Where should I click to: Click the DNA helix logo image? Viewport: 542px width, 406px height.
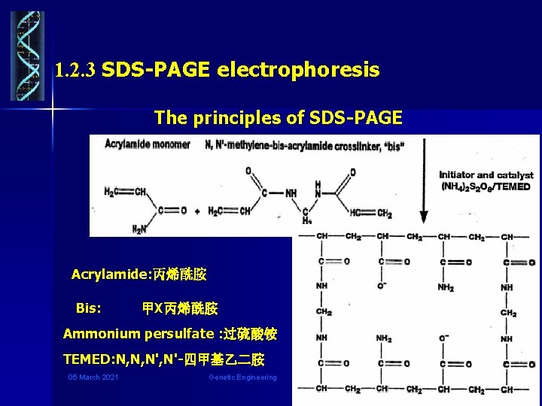[28, 56]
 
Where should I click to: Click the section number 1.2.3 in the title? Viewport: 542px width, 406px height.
[75, 72]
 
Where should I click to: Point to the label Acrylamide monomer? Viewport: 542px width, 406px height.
[148, 144]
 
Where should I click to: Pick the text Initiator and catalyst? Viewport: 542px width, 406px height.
[486, 175]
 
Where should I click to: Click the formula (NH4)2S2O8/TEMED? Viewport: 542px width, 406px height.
[486, 186]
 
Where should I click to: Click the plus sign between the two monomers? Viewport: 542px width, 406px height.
[196, 212]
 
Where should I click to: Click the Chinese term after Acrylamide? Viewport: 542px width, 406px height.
[180, 274]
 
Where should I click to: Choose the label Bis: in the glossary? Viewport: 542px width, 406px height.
[90, 308]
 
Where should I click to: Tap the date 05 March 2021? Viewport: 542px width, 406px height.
[93, 377]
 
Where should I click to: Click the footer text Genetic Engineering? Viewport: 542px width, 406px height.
[242, 377]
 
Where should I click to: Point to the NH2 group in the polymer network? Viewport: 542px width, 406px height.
[446, 288]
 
